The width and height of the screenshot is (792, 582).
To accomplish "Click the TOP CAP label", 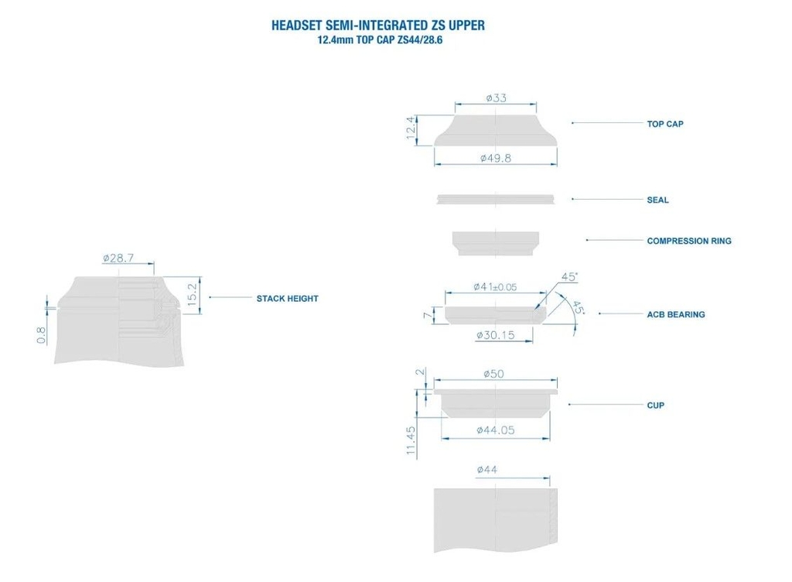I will coord(664,124).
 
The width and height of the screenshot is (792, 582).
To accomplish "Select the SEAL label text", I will coord(657,200).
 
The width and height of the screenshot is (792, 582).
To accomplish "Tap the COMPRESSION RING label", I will coord(688,241).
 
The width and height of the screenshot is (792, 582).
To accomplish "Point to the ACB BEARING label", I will coord(675,314).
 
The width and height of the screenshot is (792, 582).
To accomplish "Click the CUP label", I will coord(655,405).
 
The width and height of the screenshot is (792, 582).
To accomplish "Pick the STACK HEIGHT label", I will coord(287,298).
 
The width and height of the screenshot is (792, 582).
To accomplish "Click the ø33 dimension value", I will coord(496,98).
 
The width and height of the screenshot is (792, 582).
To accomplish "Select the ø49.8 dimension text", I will coord(496,158).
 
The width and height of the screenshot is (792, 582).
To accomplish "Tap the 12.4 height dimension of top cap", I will coord(411,130).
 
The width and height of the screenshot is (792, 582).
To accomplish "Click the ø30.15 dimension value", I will coord(495,335).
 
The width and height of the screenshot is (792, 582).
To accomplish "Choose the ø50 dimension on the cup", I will coord(494,374).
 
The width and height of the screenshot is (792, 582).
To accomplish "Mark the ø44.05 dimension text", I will coord(495,431).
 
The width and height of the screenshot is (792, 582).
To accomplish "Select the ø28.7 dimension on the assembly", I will coord(118,258).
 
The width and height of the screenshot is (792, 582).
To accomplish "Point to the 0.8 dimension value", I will coord(41,334).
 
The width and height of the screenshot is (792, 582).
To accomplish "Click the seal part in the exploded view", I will coord(495,199).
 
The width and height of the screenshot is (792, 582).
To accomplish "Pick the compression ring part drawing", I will coord(495,242).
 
